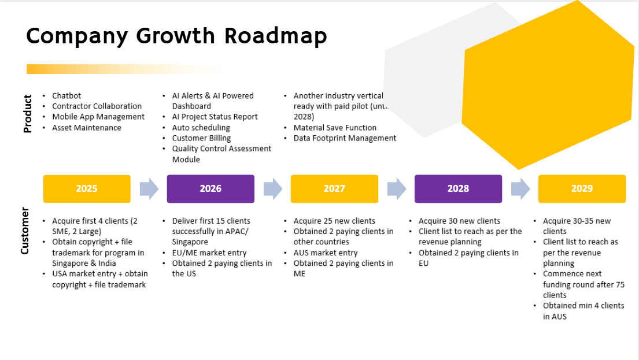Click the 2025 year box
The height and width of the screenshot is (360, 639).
tap(87, 188)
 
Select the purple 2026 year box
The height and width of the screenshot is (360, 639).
tap(210, 188)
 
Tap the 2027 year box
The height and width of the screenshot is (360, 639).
tap(334, 188)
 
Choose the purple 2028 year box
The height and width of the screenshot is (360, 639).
tap(458, 188)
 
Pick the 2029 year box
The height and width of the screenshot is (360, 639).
tap(582, 188)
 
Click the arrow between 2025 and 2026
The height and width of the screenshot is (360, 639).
tap(149, 189)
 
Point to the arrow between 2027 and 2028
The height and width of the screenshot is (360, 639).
tap(397, 189)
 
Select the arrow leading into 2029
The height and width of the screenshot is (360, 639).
tap(520, 189)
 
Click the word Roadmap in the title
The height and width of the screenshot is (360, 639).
tap(276, 36)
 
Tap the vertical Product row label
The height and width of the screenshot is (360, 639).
tap(27, 114)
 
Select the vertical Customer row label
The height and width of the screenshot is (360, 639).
tap(25, 231)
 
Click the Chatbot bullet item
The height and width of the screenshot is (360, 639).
tap(67, 96)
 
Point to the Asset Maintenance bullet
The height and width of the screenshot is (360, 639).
tap(86, 128)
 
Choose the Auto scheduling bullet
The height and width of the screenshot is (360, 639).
tap(201, 128)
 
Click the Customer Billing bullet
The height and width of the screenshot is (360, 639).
tap(201, 138)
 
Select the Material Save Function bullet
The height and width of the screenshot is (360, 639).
tap(335, 128)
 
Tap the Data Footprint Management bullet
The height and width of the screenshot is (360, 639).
tap(345, 138)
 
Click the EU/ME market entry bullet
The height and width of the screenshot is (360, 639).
tap(209, 253)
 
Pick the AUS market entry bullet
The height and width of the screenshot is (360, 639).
tap(326, 253)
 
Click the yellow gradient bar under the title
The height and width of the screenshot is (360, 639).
tap(126, 69)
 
